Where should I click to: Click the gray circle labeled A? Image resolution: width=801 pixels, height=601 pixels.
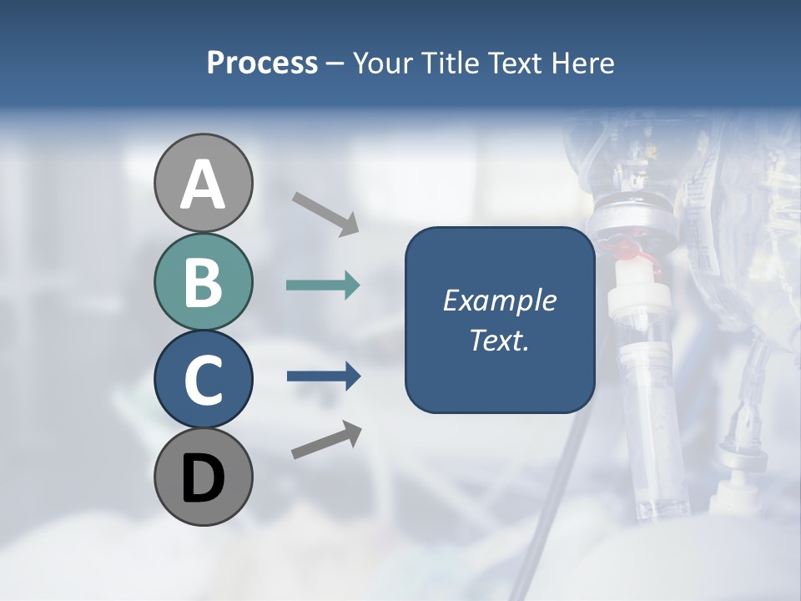204,183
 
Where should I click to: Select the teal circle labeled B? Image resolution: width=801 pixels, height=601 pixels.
204,281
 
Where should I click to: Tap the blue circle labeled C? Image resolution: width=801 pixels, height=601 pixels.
204,379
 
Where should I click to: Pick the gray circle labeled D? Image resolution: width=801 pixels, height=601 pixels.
204,477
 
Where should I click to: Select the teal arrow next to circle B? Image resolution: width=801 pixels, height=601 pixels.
323,285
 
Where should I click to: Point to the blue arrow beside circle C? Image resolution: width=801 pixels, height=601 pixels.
324,376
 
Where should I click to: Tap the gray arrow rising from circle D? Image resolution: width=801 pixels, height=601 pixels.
326,440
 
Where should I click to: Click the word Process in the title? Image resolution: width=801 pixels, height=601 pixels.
262,63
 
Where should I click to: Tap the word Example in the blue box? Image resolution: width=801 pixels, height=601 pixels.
499,300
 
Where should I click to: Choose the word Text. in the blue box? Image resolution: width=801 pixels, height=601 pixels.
499,340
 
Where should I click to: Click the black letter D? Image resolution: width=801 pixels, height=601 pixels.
204,478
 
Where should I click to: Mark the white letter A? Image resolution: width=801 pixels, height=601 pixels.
204,184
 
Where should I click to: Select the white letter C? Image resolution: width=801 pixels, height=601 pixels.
204,380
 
